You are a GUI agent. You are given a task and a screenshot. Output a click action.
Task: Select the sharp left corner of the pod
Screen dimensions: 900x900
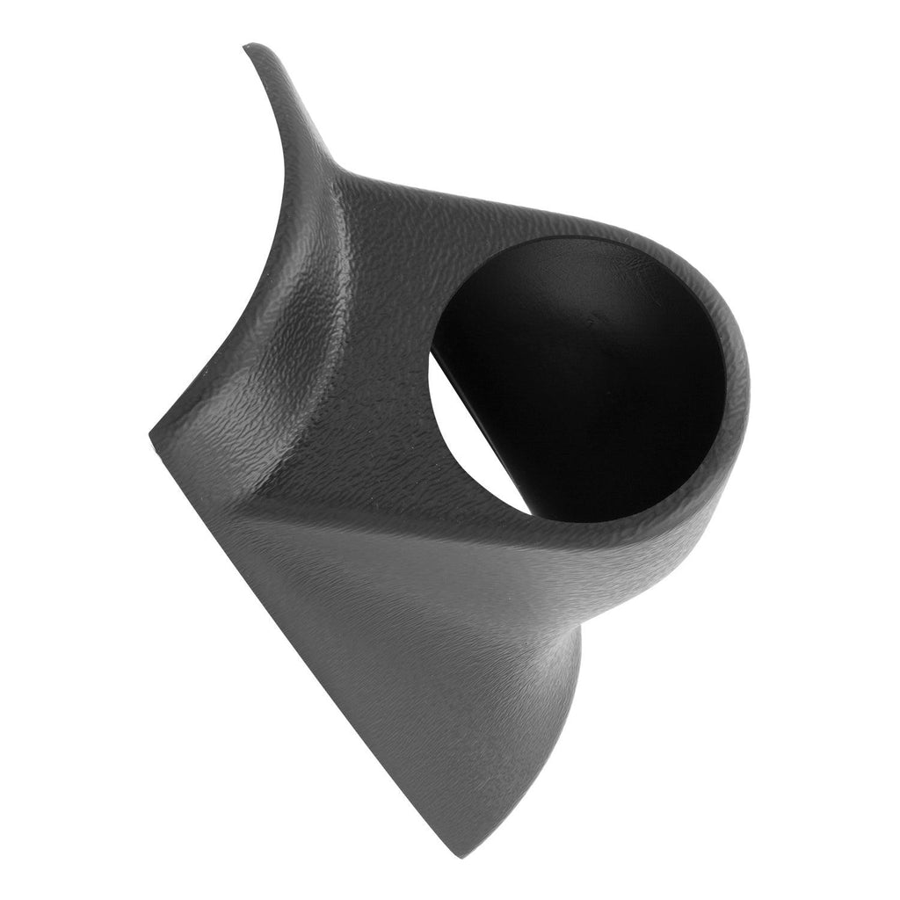pyautogui.click(x=150, y=445)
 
